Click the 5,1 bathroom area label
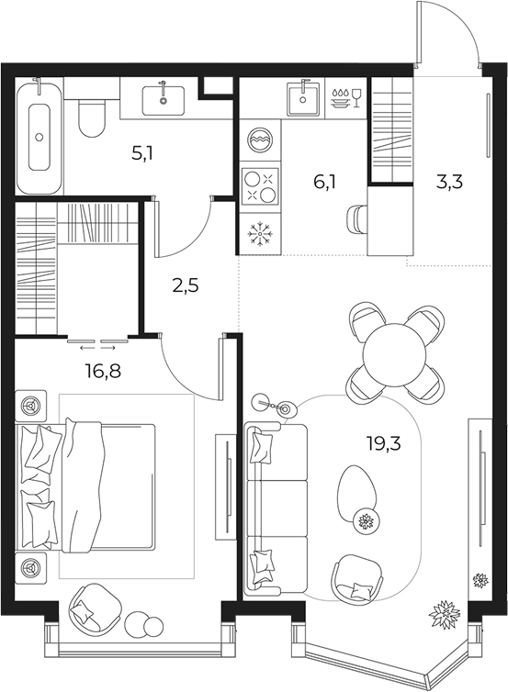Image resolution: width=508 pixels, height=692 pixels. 142,154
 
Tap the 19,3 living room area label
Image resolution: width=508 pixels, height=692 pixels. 384,442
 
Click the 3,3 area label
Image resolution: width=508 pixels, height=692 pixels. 450,182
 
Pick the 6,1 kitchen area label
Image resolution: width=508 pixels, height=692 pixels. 324,182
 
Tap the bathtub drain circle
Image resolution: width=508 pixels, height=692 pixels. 40,137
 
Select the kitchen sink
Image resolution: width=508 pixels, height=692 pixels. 303,100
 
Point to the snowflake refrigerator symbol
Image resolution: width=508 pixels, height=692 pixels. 260,232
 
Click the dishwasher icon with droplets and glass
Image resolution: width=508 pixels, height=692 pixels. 346,98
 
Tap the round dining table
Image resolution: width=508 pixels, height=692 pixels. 395,353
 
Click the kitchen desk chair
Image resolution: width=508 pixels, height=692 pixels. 357,218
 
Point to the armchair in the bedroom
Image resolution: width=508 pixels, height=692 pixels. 96,610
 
